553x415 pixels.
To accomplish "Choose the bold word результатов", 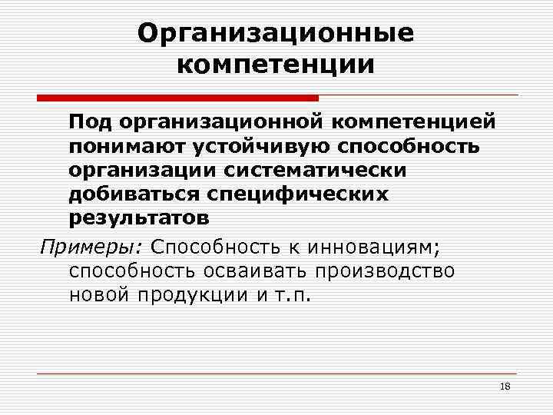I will (138, 217).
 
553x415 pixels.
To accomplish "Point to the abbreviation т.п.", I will (295, 296).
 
